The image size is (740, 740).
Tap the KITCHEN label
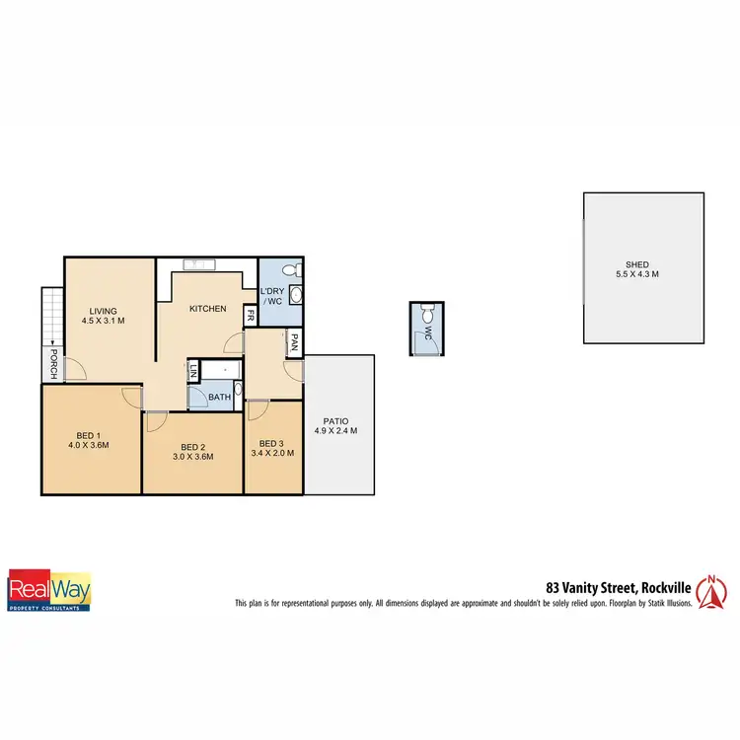coord(207,309)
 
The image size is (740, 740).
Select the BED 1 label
coord(90,433)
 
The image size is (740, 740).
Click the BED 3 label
coord(271,443)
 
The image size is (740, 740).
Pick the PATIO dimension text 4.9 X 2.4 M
coord(335,431)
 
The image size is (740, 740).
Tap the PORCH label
coord(53,363)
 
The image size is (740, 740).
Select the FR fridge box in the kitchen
coord(251,317)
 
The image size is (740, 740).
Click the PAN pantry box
coord(294,342)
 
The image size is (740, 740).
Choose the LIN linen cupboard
coord(193,371)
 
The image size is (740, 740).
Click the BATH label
coord(219,398)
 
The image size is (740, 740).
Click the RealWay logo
coord(49,590)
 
